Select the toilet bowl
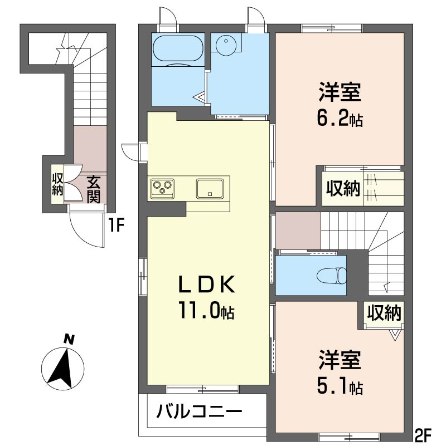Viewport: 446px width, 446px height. [x=332, y=275]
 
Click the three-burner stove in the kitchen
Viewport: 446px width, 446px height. [x=162, y=188]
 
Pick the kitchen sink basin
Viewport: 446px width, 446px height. [x=210, y=189]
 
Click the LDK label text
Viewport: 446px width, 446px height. [x=207, y=285]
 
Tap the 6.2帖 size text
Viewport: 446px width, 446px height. [x=340, y=119]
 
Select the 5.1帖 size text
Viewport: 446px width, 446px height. [x=340, y=386]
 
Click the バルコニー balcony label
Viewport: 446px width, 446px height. [x=200, y=411]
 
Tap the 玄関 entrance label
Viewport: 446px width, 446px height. [x=93, y=189]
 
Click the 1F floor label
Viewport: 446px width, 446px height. [x=116, y=226]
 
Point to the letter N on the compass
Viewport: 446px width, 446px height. [x=69, y=340]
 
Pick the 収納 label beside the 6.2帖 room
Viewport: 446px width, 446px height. [x=343, y=188]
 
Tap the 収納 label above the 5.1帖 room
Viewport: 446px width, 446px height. [x=384, y=312]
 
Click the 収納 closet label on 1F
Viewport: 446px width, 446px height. [x=57, y=184]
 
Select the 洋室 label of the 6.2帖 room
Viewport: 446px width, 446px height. [x=340, y=92]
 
